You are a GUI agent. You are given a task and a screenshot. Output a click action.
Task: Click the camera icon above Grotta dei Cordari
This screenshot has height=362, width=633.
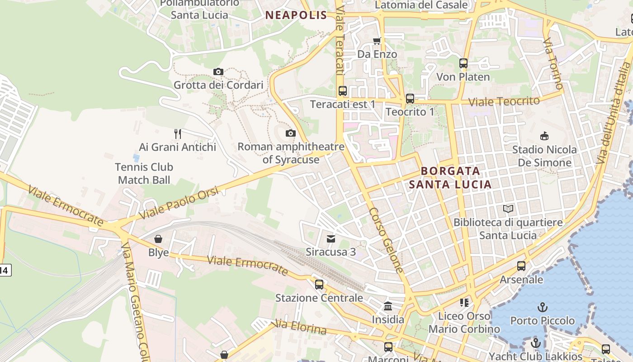[218, 72]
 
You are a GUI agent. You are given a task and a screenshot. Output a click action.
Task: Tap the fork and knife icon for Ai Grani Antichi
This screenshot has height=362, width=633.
[178, 133]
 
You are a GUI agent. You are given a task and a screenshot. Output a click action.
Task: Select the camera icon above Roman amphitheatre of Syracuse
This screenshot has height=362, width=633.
[291, 133]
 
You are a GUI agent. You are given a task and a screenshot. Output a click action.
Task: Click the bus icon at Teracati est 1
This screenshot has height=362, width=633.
[343, 91]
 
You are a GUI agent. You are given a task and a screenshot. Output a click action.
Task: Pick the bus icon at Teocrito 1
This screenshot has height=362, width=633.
[410, 98]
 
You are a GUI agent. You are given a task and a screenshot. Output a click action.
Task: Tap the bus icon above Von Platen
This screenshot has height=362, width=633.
[463, 63]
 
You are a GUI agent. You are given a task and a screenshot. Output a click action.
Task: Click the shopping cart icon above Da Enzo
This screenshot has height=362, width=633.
[377, 41]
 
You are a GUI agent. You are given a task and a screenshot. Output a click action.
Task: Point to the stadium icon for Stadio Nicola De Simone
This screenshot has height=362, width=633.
[544, 136]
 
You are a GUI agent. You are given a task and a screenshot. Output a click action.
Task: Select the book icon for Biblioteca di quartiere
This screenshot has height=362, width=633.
[508, 209]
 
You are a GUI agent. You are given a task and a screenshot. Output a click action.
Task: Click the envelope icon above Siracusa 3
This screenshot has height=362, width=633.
[331, 238]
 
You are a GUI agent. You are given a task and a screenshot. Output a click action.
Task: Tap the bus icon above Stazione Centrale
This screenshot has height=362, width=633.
[319, 285]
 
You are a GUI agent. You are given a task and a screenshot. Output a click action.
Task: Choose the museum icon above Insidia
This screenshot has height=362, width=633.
[388, 306]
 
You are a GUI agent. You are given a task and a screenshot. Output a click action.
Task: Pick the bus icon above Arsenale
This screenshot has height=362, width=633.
[521, 266]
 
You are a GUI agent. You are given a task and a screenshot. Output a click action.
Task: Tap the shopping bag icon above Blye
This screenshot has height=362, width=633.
[158, 239]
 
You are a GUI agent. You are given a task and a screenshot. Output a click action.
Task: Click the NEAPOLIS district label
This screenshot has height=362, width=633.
[296, 15]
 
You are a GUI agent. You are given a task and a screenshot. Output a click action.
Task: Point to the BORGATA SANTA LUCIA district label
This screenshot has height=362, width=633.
[450, 178]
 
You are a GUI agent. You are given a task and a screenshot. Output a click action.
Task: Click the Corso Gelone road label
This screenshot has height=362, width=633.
[386, 240]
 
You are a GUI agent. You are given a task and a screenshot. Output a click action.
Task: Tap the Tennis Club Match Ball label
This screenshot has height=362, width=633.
[144, 173]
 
